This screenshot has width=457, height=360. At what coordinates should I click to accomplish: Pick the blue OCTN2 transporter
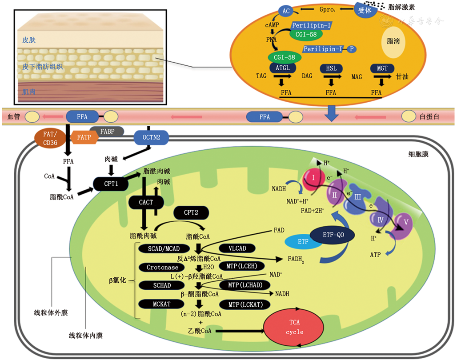click(152, 137)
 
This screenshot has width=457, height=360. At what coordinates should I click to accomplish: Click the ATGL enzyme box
click(282, 68)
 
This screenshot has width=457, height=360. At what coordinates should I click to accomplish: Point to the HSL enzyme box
click(330, 68)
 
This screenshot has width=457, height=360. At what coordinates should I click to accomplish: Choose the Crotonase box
click(162, 268)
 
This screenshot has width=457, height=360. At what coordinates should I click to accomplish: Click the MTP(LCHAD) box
click(245, 285)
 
